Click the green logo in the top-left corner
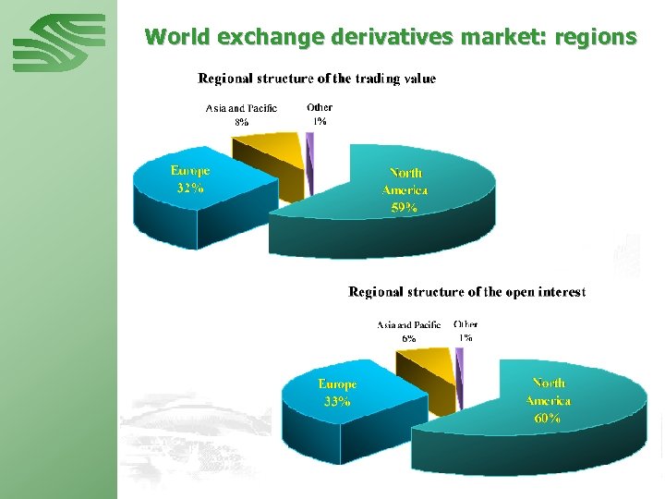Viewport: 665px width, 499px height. (x=59, y=43)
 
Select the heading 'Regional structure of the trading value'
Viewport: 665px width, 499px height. (x=317, y=79)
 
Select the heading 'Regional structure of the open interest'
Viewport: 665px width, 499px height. (x=466, y=292)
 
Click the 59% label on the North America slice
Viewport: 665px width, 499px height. (x=404, y=208)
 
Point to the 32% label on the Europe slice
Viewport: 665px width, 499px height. (x=190, y=189)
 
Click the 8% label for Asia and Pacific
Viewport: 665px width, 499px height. (x=241, y=122)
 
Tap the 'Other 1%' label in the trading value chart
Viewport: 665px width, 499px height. (x=320, y=115)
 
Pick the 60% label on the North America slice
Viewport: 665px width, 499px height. (x=547, y=418)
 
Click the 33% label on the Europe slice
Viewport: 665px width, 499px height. (x=337, y=402)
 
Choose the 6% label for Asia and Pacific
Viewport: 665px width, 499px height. (x=408, y=338)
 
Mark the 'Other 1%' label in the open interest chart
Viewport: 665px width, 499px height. (x=465, y=331)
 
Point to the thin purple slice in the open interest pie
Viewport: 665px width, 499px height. (x=459, y=370)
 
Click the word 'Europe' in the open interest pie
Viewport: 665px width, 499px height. (x=337, y=383)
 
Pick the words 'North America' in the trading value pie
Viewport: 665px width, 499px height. (x=405, y=181)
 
